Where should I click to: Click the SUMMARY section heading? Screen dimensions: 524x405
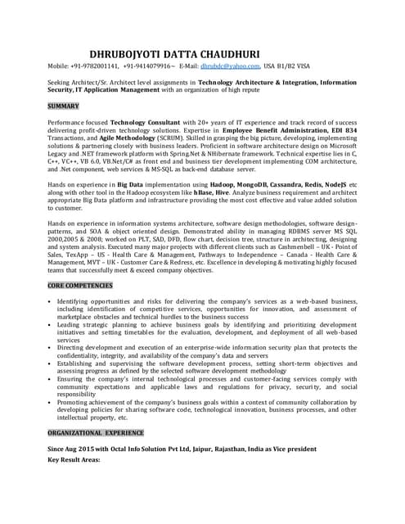pos(63,106)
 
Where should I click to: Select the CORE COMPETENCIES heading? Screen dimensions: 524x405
pos(79,285)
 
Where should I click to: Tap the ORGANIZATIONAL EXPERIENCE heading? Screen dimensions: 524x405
pos(95,431)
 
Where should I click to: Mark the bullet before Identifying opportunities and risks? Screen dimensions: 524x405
pos(51,300)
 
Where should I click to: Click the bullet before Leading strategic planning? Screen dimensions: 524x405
pos(51,325)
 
